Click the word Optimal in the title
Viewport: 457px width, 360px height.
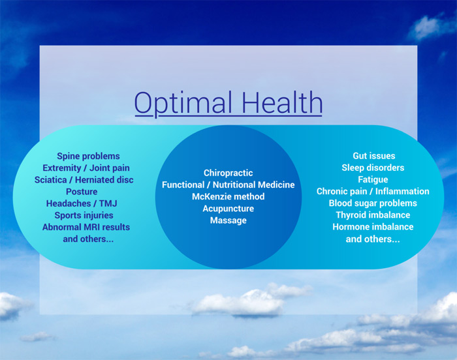(183, 104)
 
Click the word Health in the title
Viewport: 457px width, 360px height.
(282, 102)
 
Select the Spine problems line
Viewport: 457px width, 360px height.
(88, 157)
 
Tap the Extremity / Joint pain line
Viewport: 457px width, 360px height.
(86, 168)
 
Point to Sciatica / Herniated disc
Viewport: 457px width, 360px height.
(84, 180)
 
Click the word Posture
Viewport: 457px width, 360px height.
(82, 192)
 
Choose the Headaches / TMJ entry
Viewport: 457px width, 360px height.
(82, 203)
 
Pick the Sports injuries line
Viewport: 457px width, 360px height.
(84, 215)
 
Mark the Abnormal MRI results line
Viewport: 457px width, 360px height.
(86, 227)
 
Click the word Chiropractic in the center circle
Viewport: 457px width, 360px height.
(228, 173)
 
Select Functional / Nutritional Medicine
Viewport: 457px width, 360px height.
(228, 185)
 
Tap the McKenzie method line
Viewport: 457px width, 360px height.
(228, 196)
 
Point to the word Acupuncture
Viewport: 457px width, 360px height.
(228, 209)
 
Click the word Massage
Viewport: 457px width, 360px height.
(228, 220)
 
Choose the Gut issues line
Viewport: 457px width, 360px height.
(374, 156)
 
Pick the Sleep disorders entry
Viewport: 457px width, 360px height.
(373, 168)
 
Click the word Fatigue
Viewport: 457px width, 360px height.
(373, 180)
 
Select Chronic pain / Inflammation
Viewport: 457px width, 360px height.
(373, 191)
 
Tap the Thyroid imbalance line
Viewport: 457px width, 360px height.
(373, 215)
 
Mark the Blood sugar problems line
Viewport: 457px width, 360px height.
(373, 203)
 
